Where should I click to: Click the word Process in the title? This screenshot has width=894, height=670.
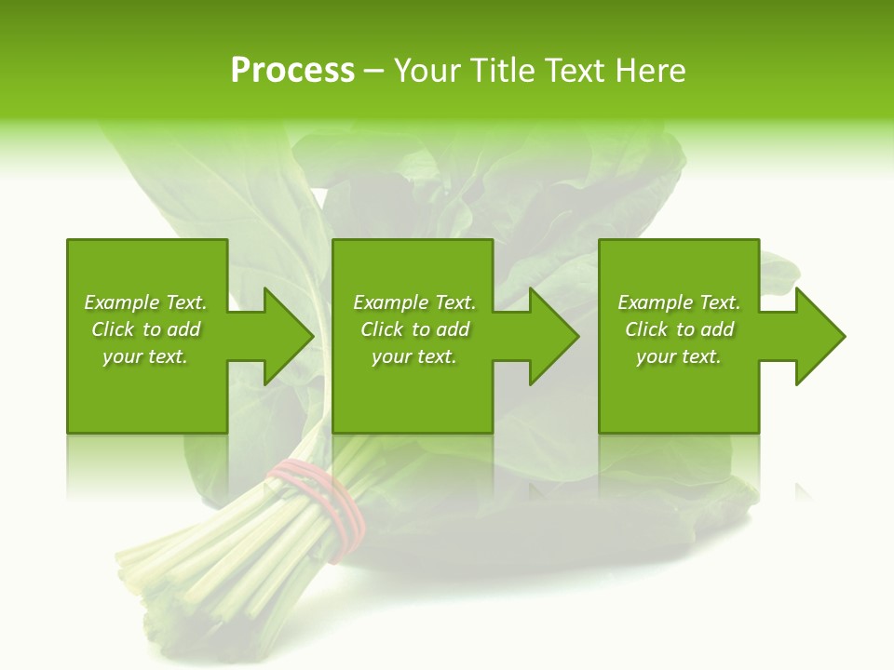[292, 71]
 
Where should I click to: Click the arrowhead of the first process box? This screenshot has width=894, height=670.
[288, 336]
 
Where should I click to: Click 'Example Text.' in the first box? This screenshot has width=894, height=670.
[145, 302]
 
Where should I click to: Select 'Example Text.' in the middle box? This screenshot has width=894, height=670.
[414, 302]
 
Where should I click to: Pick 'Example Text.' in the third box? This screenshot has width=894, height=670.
[679, 302]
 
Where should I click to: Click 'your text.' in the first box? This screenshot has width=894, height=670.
[145, 356]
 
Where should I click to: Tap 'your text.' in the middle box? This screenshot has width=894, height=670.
[414, 356]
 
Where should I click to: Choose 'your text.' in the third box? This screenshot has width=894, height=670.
[679, 356]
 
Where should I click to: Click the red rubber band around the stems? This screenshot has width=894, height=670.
[321, 502]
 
